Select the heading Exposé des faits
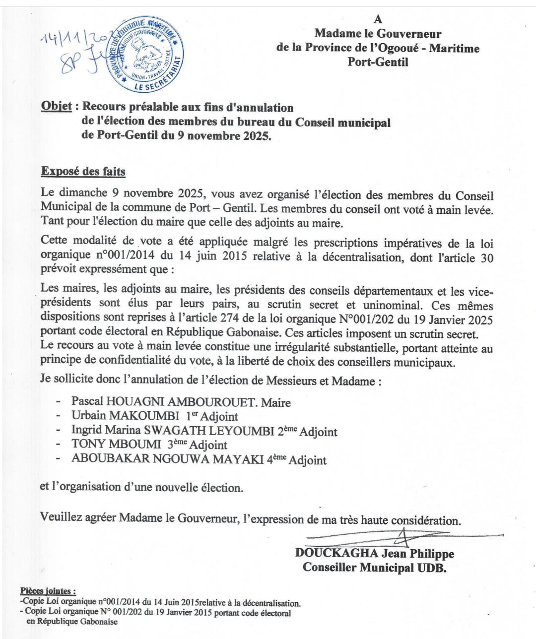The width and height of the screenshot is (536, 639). (x=83, y=172)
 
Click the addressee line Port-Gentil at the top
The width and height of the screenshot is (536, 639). (x=378, y=63)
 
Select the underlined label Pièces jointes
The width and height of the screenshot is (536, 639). (x=48, y=591)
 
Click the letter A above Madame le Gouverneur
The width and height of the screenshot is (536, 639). (x=378, y=19)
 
